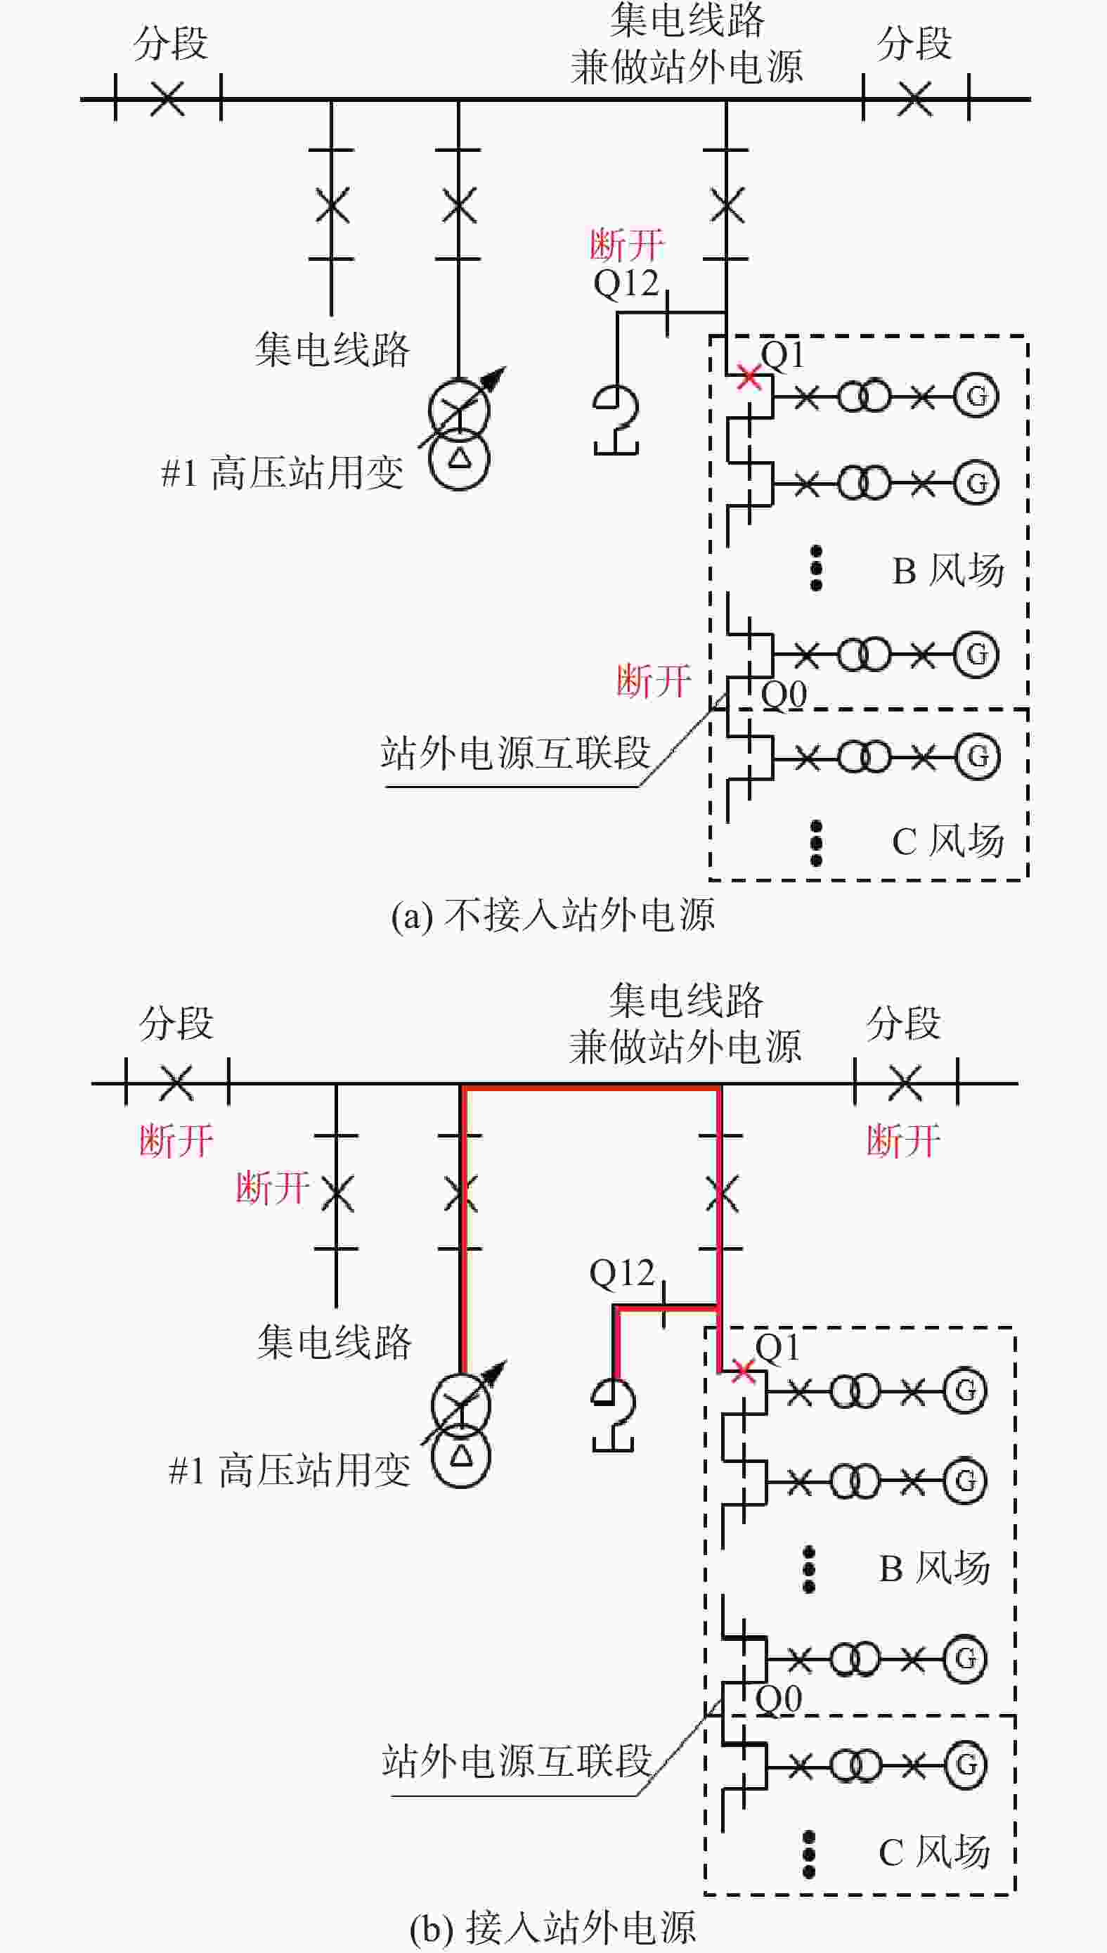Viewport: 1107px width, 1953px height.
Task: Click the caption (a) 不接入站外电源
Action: (552, 915)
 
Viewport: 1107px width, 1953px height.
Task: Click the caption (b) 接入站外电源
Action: (552, 1922)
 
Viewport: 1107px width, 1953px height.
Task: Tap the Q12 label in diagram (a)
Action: (626, 285)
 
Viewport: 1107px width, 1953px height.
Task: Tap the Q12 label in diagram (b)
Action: (622, 1273)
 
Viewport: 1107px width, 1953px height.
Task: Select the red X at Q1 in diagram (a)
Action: (749, 375)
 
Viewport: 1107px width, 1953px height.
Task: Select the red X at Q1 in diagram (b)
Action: (744, 1370)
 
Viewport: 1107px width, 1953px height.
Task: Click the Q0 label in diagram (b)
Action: (779, 1699)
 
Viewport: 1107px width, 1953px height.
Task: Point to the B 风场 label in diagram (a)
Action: (948, 570)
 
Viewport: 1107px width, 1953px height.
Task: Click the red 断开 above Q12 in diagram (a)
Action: (627, 245)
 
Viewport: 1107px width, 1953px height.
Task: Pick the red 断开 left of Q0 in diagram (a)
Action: (654, 680)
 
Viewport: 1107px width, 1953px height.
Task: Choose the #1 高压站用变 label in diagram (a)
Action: (282, 472)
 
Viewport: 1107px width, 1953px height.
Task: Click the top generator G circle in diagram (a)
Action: (977, 396)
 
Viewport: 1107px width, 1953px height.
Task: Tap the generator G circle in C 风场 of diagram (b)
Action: (966, 1764)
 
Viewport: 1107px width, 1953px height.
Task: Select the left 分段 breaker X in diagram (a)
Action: (167, 98)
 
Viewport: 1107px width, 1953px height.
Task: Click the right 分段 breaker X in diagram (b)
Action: (905, 1083)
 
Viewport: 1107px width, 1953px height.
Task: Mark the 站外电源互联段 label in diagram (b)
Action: (517, 1760)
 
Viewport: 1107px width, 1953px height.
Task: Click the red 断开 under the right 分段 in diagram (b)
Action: (904, 1141)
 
